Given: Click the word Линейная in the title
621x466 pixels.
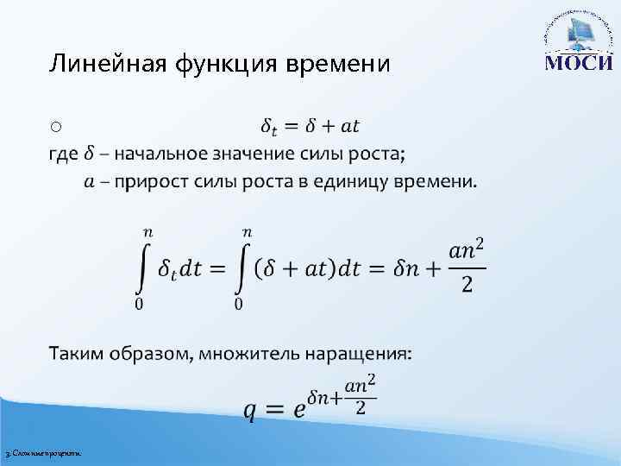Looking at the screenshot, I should coord(94,64).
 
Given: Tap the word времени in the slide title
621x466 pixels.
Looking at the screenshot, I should coord(333,65).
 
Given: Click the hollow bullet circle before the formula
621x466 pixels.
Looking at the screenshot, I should coord(54,127).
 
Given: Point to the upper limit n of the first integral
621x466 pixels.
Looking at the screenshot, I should coord(147,232).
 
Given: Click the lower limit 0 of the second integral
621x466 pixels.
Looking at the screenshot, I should coord(239,303).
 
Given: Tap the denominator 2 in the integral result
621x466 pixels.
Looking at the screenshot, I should coord(467,286).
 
